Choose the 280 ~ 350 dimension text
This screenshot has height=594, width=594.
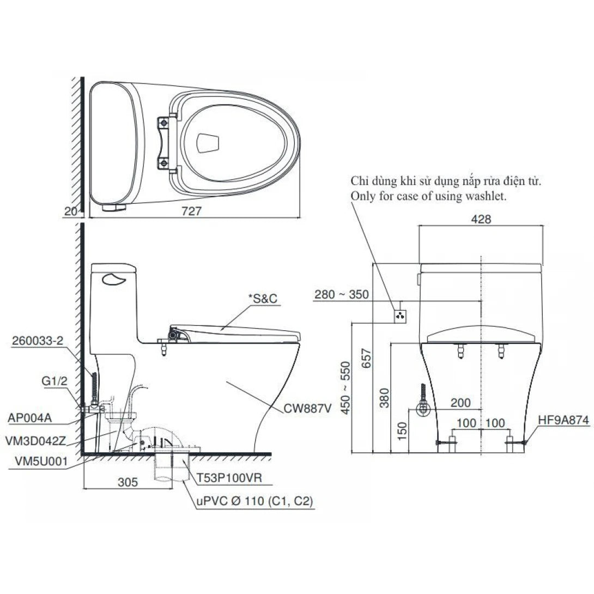[x=342, y=294]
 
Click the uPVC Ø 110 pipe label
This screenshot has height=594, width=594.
[x=254, y=501]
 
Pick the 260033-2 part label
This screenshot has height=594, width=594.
[x=38, y=341]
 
